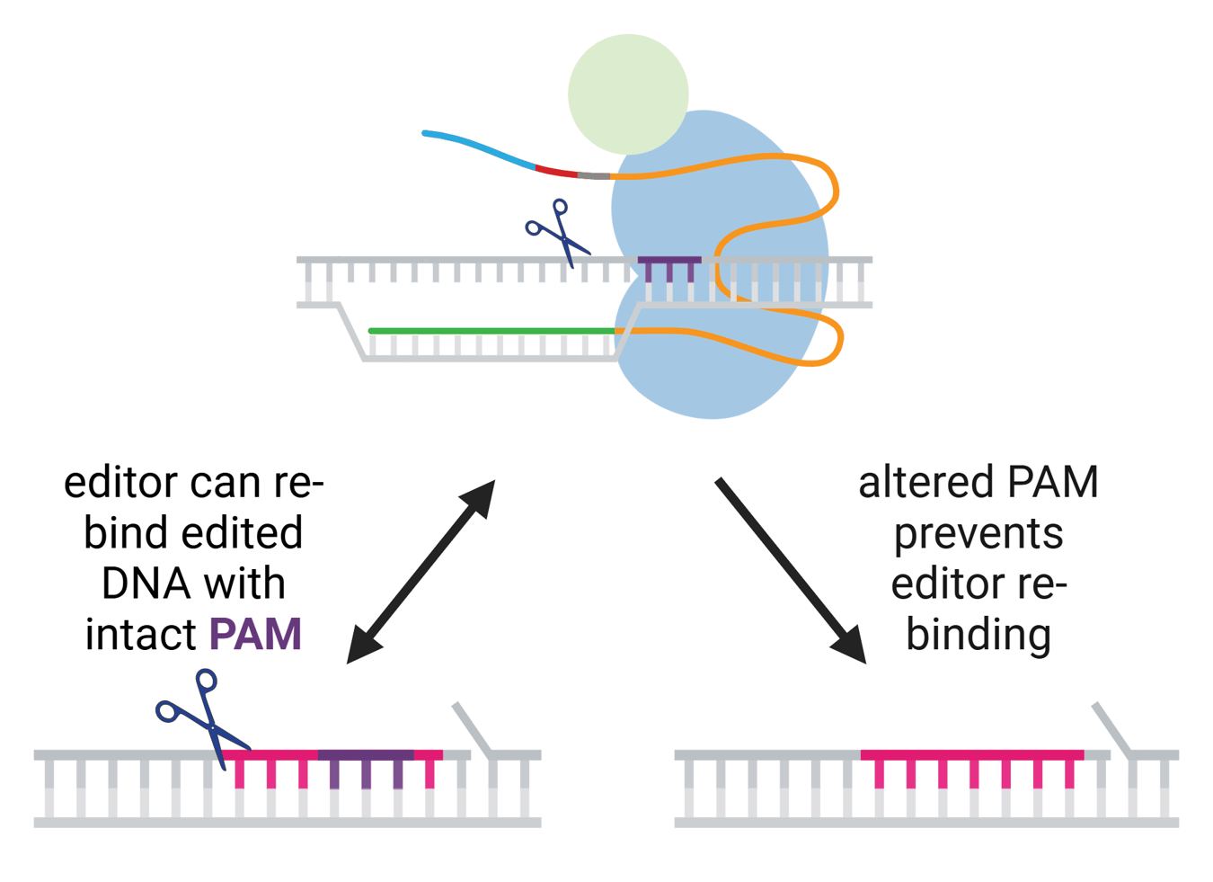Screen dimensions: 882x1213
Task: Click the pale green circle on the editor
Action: (x=628, y=94)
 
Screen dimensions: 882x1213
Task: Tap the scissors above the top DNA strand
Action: (x=558, y=232)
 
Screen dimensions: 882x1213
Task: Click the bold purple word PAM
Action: (x=255, y=634)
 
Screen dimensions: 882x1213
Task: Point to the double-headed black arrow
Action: (x=421, y=571)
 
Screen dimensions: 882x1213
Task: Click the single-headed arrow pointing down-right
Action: (x=791, y=571)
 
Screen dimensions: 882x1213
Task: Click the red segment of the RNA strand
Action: (x=555, y=170)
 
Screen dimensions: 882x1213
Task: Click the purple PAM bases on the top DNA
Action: (x=669, y=263)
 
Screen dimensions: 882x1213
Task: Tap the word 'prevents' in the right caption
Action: (x=978, y=534)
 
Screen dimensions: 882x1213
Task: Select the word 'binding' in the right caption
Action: (x=978, y=635)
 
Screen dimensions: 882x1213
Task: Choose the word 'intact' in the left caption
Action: (x=141, y=634)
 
